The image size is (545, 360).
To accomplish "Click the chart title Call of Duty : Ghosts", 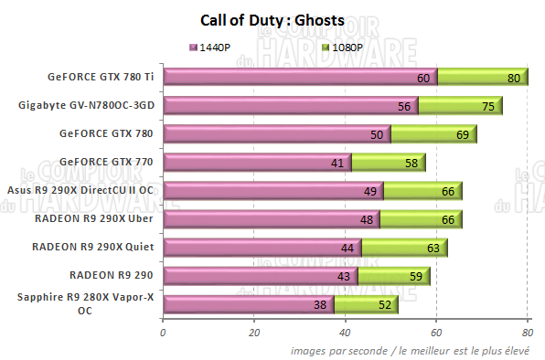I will click(272, 19).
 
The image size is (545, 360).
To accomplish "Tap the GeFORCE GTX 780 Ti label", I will click(101, 77).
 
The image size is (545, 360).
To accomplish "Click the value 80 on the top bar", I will click(514, 79).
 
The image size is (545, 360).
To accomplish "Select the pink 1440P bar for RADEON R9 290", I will click(260, 275).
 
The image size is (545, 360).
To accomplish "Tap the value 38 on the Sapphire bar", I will click(320, 305).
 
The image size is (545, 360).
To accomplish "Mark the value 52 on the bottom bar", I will click(384, 305).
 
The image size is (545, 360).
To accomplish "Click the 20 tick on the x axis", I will click(254, 332).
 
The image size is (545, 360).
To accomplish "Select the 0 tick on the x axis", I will click(163, 332).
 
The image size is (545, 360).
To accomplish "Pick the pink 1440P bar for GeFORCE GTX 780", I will click(274, 134).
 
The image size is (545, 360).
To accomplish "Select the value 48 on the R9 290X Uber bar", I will click(367, 220).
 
